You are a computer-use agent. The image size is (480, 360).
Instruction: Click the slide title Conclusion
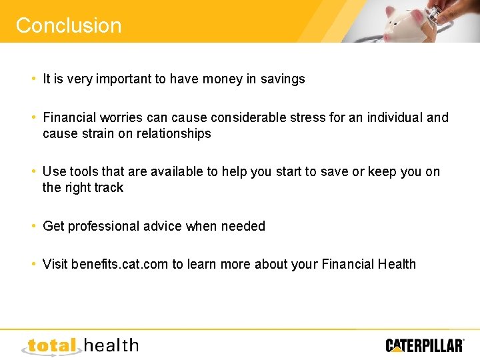pos(69,25)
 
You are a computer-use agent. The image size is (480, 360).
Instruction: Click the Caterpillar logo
pos(424,345)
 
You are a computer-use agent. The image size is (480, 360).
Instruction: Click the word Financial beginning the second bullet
pos(72,118)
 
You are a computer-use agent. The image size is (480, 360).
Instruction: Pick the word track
pos(109,188)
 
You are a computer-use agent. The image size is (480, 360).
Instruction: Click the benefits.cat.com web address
pos(119,265)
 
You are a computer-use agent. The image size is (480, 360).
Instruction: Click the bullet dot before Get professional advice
pos(33,226)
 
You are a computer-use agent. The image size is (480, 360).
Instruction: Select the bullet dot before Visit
pos(33,264)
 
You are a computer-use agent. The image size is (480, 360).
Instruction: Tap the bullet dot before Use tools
pos(33,171)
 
